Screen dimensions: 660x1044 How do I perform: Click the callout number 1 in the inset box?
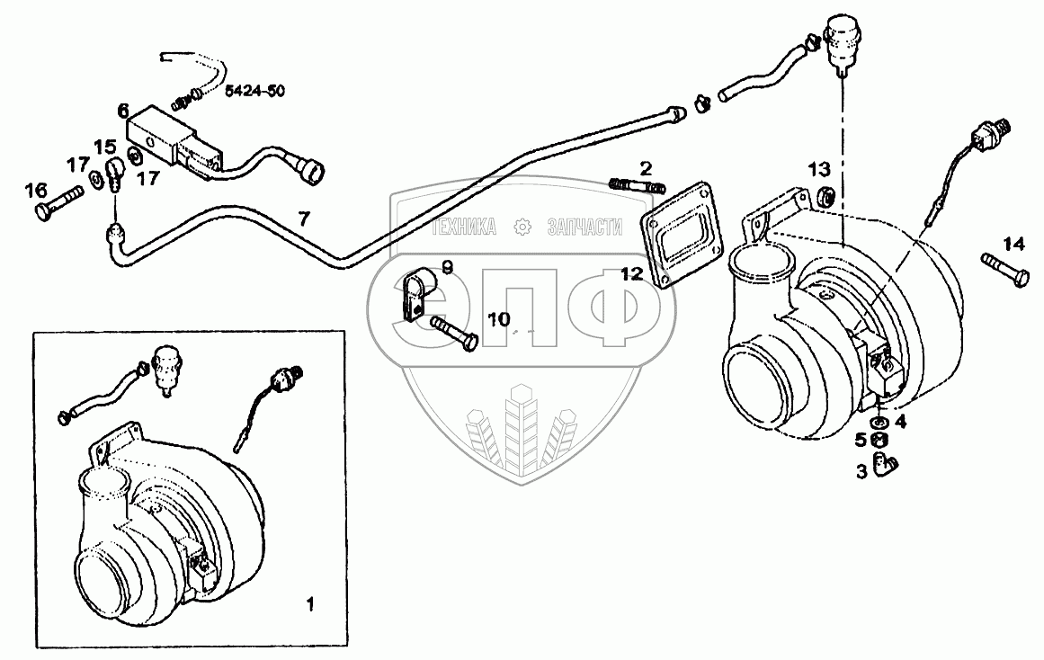[x=310, y=603]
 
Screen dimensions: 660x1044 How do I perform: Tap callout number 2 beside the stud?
[x=647, y=168]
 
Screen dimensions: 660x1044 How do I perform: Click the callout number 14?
[x=1013, y=243]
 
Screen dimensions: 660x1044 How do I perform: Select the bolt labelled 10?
[x=455, y=332]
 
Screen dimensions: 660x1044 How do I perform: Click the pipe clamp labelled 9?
[x=415, y=294]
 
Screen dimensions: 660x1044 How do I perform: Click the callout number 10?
[x=498, y=319]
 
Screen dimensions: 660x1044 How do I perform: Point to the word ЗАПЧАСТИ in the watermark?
[x=584, y=227]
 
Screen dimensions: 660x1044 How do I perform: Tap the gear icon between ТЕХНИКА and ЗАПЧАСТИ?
[x=522, y=227]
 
